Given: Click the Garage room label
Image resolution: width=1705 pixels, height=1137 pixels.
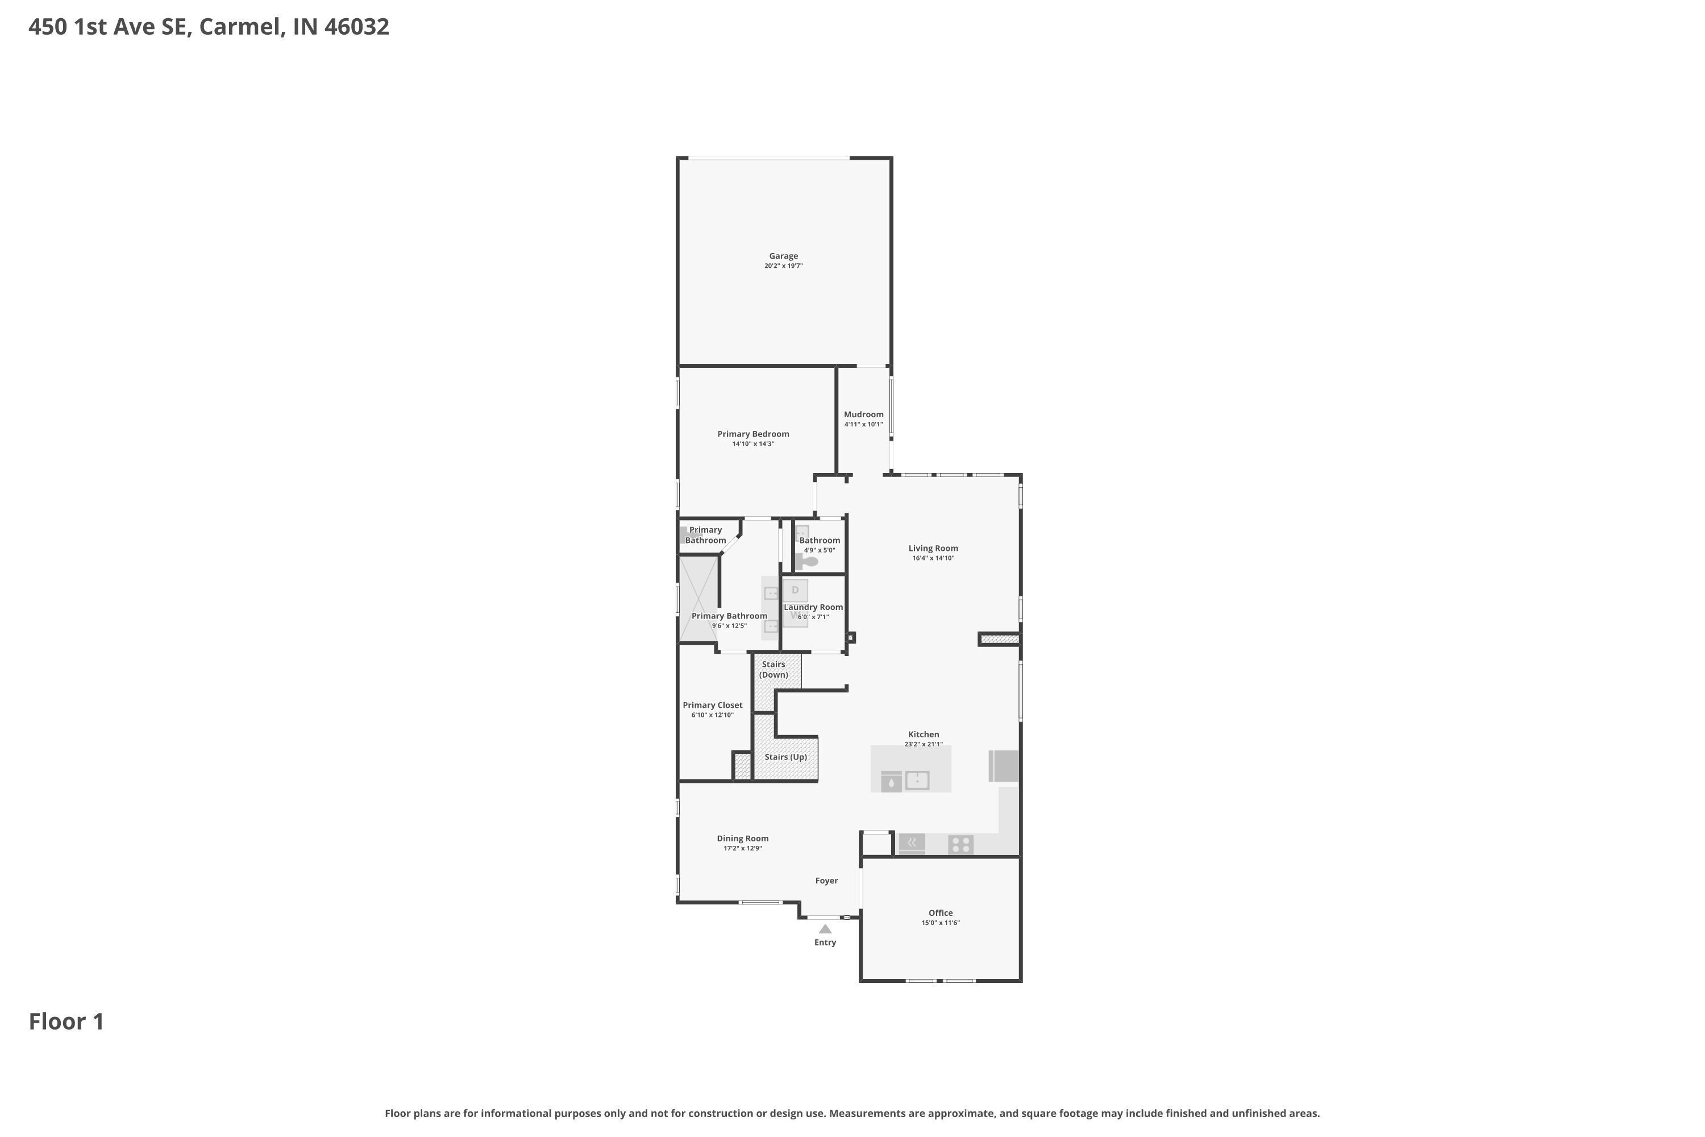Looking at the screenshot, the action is point(783,256).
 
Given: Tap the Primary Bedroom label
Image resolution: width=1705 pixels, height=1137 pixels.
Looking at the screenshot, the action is point(753,434).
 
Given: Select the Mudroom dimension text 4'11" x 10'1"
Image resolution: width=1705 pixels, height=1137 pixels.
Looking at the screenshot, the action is point(863,424).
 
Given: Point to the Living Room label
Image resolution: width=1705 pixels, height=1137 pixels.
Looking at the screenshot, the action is point(933,548).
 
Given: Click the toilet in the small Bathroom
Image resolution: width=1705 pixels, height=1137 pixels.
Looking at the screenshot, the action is point(807,561).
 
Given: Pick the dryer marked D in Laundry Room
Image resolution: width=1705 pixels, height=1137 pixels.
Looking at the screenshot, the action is point(795,590).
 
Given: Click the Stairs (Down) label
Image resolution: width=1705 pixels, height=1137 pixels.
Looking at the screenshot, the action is point(774,669).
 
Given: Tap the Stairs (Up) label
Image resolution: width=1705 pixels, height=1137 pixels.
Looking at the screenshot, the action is point(786,757).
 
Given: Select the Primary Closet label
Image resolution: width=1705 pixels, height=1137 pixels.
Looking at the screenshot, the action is point(713,705).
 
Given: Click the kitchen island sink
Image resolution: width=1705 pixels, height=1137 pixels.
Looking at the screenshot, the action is point(917,780).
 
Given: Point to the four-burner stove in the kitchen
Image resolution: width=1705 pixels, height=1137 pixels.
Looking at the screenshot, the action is point(960,844).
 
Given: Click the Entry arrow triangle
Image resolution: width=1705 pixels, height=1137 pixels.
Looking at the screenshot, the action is point(825,928).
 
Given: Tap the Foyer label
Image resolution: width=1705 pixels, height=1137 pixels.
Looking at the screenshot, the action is point(826,880).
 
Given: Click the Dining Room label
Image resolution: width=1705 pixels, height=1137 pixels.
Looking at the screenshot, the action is point(742,838).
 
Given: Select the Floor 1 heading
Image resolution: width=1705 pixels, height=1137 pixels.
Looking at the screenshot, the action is point(66,1022).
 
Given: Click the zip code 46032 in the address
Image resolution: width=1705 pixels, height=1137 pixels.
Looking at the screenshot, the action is point(357,27).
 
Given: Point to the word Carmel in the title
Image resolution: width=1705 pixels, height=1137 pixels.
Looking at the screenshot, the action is point(240,27).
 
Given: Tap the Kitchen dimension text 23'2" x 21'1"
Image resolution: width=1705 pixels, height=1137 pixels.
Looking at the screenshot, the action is point(924,744).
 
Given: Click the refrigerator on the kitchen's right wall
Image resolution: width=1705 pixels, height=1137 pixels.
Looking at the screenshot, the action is point(1004,766).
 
